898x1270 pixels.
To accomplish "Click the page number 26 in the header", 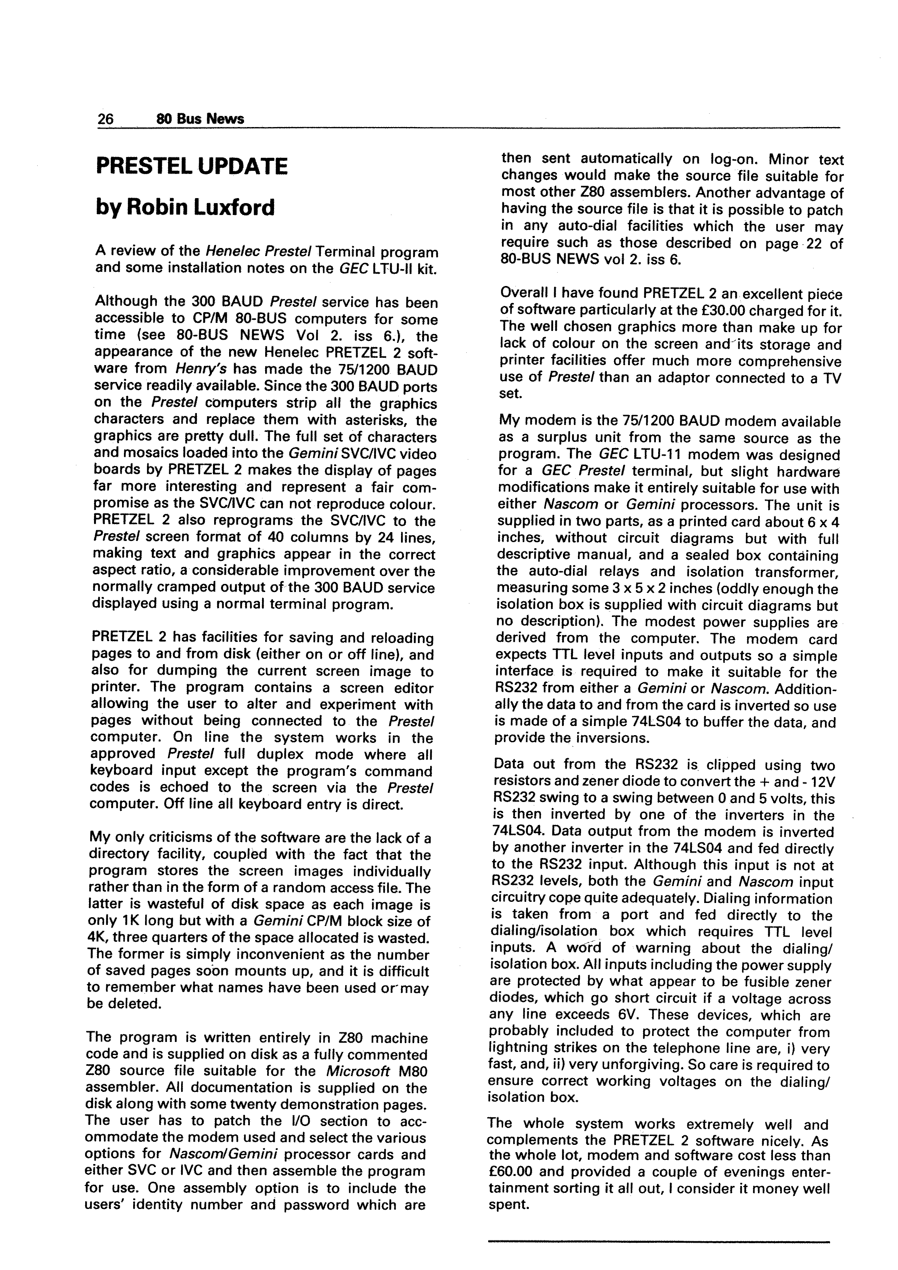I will [106, 119].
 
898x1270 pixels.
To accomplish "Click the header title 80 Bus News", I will [200, 119].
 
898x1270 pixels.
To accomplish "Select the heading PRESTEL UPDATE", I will [192, 167].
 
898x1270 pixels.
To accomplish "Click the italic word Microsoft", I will [357, 1072].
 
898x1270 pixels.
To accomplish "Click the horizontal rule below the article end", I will [659, 1242].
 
